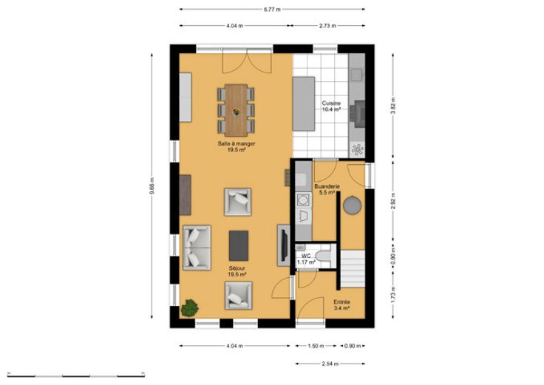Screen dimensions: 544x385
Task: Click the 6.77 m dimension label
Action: pos(272,10)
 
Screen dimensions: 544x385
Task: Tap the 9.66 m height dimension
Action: pos(152,186)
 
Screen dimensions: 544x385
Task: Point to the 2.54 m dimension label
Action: pos(330,364)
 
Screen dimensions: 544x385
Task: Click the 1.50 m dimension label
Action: pos(316,346)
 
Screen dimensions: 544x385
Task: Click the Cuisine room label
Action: pos(331,103)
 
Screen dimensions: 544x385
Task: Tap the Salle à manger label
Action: pos(237,143)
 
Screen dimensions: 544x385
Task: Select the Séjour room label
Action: pos(237,268)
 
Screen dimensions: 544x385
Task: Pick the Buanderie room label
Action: pos(327,187)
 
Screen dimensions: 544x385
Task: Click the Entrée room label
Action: pos(341,301)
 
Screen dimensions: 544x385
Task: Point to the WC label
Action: pos(306,256)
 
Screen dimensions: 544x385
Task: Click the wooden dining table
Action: pos(236,110)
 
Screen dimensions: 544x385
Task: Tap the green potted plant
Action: pos(189,308)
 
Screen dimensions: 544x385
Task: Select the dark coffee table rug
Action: pos(239,245)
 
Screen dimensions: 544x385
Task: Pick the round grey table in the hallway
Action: pos(352,205)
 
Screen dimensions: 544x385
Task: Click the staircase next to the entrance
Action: pos(352,268)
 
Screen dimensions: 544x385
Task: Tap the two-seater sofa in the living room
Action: pos(197,248)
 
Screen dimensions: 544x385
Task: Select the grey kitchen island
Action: pos(304,103)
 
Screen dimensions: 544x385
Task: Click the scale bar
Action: pos(76,375)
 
